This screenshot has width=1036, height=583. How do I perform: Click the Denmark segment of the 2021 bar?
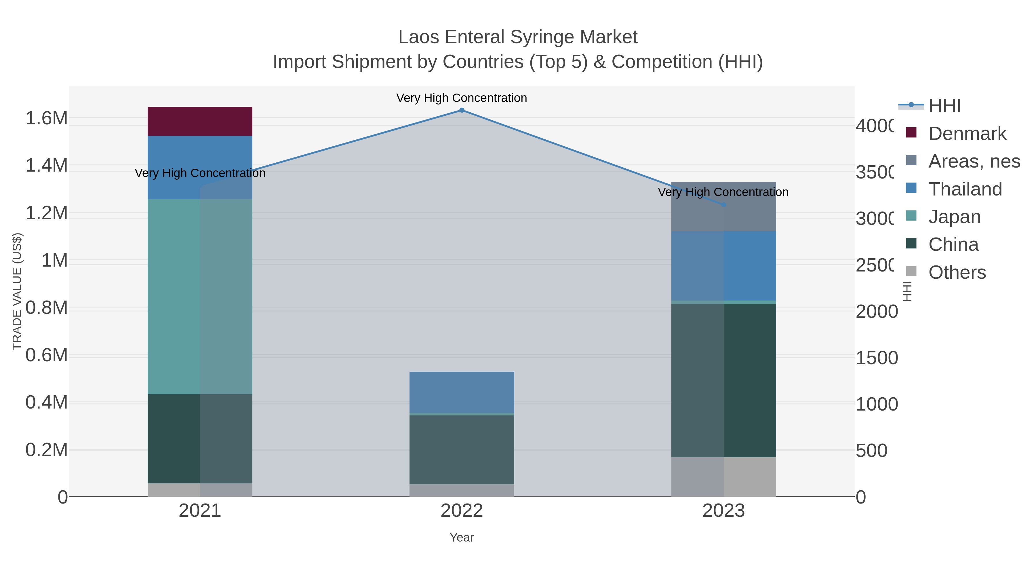[200, 121]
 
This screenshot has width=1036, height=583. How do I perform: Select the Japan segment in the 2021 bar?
[200, 297]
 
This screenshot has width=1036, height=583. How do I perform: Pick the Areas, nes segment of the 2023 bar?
[723, 206]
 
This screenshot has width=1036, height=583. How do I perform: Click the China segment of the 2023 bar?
[723, 380]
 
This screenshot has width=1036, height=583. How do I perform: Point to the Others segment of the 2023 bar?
[723, 477]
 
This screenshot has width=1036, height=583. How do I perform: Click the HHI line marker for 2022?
[462, 110]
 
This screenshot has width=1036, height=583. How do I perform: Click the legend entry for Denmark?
[967, 134]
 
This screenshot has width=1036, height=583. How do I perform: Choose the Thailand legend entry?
[965, 189]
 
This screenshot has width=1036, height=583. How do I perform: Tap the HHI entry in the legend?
[944, 106]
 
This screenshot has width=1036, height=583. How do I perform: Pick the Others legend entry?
[957, 272]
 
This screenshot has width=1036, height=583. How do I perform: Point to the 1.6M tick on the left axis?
[46, 118]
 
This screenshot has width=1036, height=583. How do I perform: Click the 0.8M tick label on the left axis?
[46, 308]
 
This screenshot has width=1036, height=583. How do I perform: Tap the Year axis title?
[462, 538]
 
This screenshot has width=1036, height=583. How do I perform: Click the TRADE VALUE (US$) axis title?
[17, 291]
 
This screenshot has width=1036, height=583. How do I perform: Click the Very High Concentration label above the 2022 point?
[462, 98]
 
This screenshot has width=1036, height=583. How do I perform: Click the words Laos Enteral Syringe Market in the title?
[518, 37]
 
